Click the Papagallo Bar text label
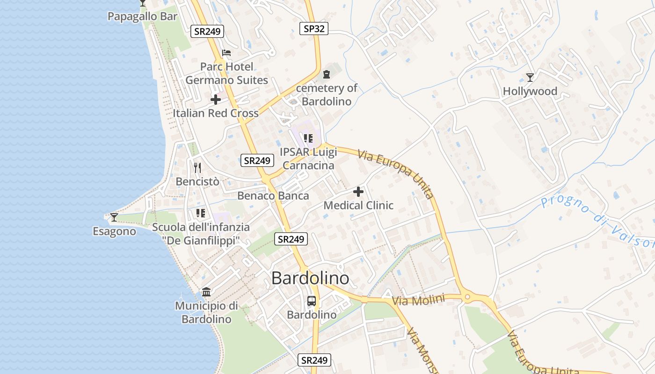point(142,16)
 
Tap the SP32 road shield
point(313,29)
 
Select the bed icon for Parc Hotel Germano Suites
point(226,53)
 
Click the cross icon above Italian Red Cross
point(216,100)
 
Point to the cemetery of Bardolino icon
point(327,74)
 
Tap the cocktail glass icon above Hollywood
point(530,77)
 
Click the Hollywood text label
point(530,91)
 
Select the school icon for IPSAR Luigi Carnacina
point(308,138)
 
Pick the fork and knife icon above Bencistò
point(197,167)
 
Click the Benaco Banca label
point(273,195)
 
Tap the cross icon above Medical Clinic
point(358,192)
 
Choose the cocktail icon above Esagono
point(114,217)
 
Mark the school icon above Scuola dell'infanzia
point(201,213)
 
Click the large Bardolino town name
point(310,278)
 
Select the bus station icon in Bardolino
point(312,301)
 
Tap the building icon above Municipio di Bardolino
point(206,292)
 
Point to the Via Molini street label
point(418,300)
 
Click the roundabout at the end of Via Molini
point(467,297)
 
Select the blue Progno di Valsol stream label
point(597,222)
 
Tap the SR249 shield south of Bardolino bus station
point(314,360)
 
